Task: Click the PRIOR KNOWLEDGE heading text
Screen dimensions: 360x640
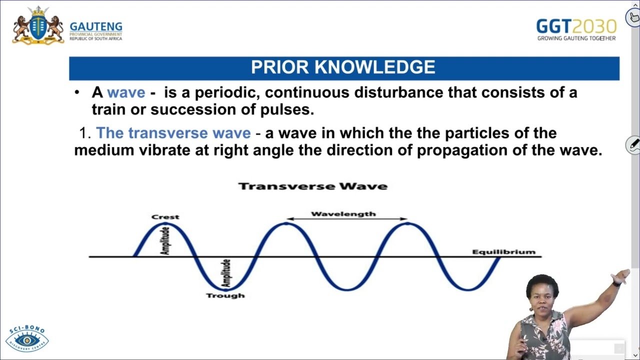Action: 343,67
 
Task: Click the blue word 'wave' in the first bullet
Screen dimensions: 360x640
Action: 126,92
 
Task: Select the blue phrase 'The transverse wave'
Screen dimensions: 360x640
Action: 173,133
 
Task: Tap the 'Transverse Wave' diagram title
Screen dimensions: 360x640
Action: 313,186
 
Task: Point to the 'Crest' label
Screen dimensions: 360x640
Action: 165,217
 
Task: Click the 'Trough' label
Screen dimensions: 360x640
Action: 225,295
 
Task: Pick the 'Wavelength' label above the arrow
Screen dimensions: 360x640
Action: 343,214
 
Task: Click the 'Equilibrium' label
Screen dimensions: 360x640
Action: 503,251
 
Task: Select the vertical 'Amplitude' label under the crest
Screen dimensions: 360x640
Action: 165,240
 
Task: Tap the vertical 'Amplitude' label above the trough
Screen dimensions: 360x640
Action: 226,273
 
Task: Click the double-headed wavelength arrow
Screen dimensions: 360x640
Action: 347,219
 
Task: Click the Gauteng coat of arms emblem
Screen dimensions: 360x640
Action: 38,25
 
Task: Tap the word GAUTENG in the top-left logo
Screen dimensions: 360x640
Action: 95,26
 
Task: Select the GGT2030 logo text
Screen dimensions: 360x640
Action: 576,26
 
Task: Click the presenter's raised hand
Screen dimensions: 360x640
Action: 622,276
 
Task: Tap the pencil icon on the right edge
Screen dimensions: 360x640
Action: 633,145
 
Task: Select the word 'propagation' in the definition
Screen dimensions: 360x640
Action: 460,150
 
